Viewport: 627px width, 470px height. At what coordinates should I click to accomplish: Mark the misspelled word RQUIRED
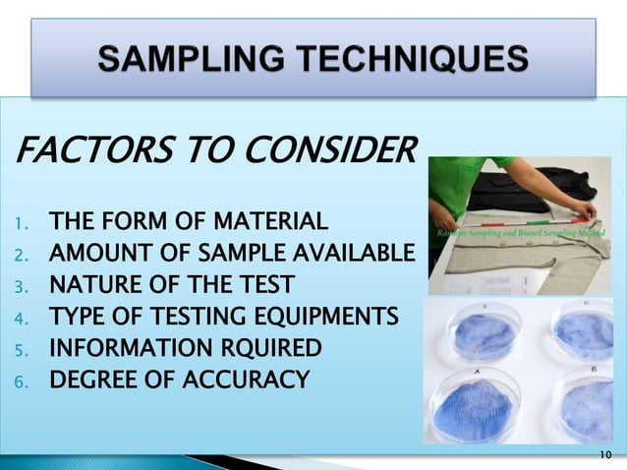point(264,348)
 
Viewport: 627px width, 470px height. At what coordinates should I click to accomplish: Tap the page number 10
point(603,454)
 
